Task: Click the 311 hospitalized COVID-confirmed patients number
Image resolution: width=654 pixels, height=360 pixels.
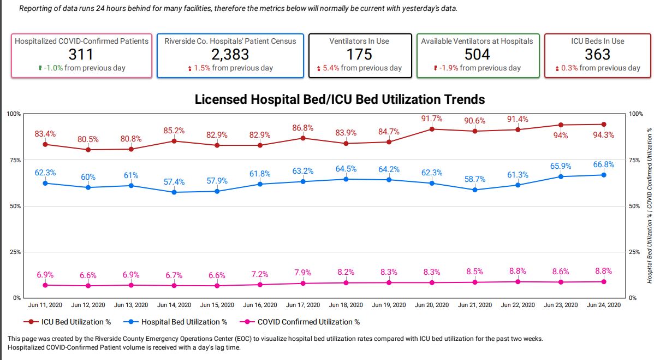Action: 81,55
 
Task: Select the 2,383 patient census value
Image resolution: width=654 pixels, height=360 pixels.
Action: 230,55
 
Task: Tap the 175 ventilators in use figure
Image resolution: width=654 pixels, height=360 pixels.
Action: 359,55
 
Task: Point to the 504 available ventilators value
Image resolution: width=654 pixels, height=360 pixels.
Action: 477,55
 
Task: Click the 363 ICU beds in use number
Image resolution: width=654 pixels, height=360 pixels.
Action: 597,55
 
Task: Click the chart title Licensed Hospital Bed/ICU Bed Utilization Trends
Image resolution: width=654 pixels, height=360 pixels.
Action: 340,99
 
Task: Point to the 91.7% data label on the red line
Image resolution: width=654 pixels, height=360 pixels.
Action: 432,119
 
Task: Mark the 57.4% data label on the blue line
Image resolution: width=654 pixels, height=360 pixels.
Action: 174,182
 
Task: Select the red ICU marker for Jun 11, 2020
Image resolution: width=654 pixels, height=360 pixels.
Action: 45,144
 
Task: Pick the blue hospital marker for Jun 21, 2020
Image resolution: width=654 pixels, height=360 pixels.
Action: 475,190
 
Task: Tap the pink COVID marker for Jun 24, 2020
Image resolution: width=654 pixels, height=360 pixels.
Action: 604,281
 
